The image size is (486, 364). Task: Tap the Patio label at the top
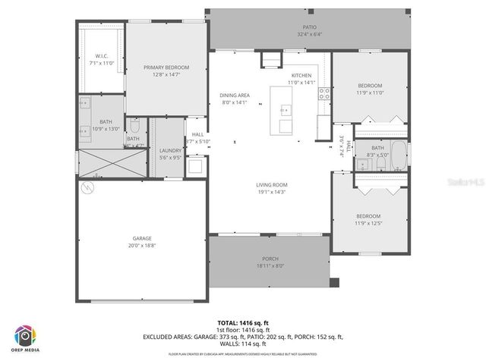(309, 27)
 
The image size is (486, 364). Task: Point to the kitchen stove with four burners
(323, 94)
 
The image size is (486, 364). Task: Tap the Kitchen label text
(301, 76)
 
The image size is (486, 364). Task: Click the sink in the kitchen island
(286, 124)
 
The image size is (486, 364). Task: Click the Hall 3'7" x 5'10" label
(197, 138)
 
